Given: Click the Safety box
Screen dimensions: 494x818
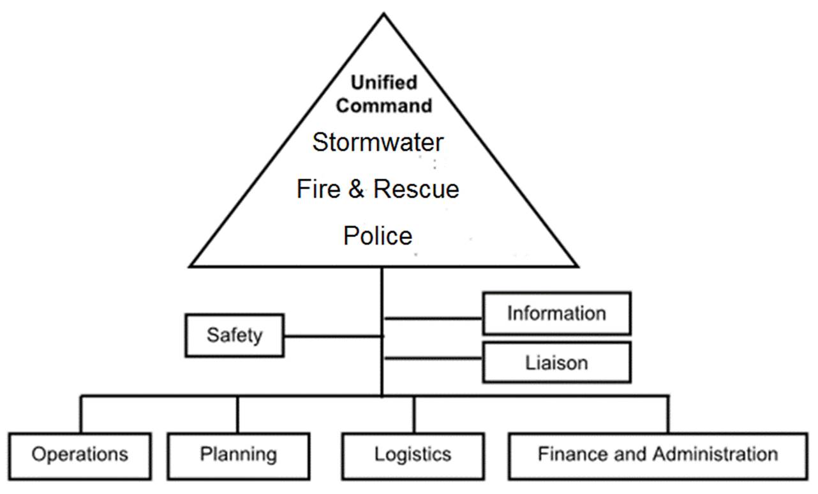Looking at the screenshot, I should (x=235, y=335).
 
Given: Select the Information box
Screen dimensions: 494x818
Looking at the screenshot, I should (x=556, y=313).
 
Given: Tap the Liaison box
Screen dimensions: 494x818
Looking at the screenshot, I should (x=556, y=363).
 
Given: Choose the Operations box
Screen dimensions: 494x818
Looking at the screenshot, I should (x=80, y=455).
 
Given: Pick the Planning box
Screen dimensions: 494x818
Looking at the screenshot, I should (x=238, y=455).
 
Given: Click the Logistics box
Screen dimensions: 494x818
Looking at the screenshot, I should (x=412, y=455).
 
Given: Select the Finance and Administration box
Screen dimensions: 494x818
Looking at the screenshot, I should (x=658, y=455).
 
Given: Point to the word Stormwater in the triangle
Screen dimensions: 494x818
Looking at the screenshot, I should (x=378, y=142).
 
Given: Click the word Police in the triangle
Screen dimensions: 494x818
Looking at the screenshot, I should (x=378, y=236).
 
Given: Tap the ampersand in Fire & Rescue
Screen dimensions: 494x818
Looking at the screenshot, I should (x=356, y=189).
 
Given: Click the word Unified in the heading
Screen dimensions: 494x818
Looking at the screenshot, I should (x=384, y=83).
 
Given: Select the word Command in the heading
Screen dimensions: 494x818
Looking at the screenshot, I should (x=384, y=105).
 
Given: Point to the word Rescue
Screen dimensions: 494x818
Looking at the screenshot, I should (x=415, y=189).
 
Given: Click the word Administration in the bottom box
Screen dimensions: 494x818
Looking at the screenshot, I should (x=715, y=454).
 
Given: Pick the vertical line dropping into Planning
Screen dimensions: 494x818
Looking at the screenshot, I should (x=237, y=414).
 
